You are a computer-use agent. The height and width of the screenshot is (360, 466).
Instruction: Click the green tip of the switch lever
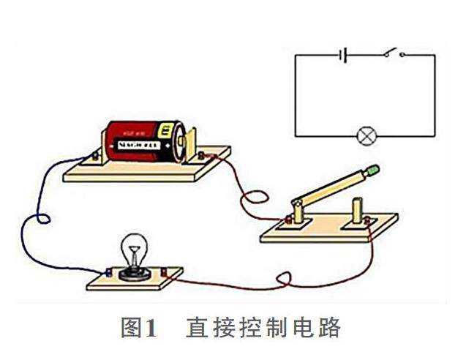click(x=374, y=170)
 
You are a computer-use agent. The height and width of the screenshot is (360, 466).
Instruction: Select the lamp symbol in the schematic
click(x=365, y=136)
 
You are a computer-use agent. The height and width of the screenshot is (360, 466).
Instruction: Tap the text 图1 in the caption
click(x=138, y=327)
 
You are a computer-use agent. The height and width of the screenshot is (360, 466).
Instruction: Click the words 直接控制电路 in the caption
click(x=263, y=327)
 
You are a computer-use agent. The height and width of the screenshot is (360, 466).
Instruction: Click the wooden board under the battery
click(x=146, y=168)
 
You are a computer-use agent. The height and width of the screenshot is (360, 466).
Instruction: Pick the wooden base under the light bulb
click(x=132, y=280)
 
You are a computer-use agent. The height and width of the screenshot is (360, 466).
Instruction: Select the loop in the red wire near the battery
click(x=254, y=198)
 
